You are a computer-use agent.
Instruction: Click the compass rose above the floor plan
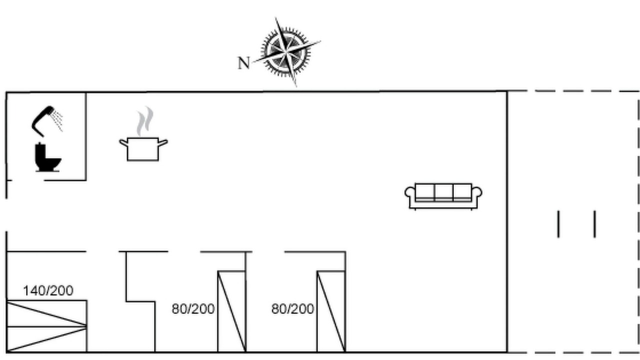pos(286,52)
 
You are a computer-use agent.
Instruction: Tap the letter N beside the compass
pos(243,63)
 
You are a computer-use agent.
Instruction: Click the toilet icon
pos(48,157)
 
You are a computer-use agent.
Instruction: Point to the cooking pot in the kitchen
pos(143,149)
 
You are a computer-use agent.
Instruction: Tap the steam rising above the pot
pos(145,121)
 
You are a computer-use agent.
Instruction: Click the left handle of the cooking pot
pos(123,142)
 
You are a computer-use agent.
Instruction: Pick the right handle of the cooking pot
pos(163,142)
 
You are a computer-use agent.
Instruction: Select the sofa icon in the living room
pos(443,196)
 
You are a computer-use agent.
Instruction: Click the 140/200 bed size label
pos(48,291)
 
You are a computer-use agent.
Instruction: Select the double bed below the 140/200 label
pos(46,326)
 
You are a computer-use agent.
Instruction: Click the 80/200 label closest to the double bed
pos(193,309)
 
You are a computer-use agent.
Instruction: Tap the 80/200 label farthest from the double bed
pos(293,309)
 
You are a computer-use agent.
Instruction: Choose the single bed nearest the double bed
pos(231,311)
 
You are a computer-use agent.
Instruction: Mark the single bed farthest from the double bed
pos(331,311)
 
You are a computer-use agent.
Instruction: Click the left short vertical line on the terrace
pos(558,224)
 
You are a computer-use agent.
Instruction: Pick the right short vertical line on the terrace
pos(595,224)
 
